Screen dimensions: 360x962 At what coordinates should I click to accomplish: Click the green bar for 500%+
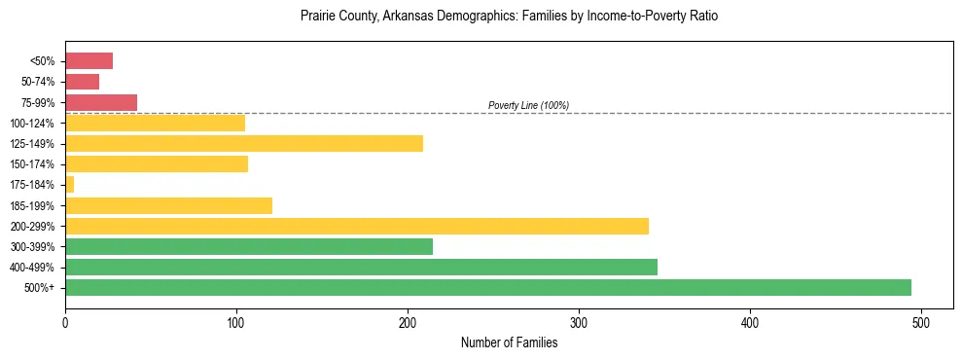pyautogui.click(x=487, y=287)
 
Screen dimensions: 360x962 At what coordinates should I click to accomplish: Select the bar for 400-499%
pyautogui.click(x=361, y=267)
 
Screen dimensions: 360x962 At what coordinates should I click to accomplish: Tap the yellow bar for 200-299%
pyautogui.click(x=356, y=226)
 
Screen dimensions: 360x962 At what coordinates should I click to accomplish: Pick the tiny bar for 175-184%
pyautogui.click(x=69, y=184)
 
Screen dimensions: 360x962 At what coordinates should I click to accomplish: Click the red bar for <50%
pyautogui.click(x=89, y=61)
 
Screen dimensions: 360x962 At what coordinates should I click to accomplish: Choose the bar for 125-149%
pyautogui.click(x=243, y=143)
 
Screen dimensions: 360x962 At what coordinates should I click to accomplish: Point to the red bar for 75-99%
pyautogui.click(x=101, y=102)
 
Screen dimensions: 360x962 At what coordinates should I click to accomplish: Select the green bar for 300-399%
pyautogui.click(x=248, y=246)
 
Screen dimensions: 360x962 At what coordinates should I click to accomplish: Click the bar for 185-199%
pyautogui.click(x=168, y=205)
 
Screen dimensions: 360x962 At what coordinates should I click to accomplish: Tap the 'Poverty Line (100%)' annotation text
pyautogui.click(x=528, y=105)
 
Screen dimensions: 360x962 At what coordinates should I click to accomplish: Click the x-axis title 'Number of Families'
pyautogui.click(x=509, y=342)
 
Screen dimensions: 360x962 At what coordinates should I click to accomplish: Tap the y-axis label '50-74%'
pyautogui.click(x=39, y=82)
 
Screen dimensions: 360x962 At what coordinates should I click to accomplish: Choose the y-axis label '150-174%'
pyautogui.click(x=35, y=164)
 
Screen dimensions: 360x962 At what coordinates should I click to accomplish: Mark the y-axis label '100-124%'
pyautogui.click(x=35, y=124)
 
